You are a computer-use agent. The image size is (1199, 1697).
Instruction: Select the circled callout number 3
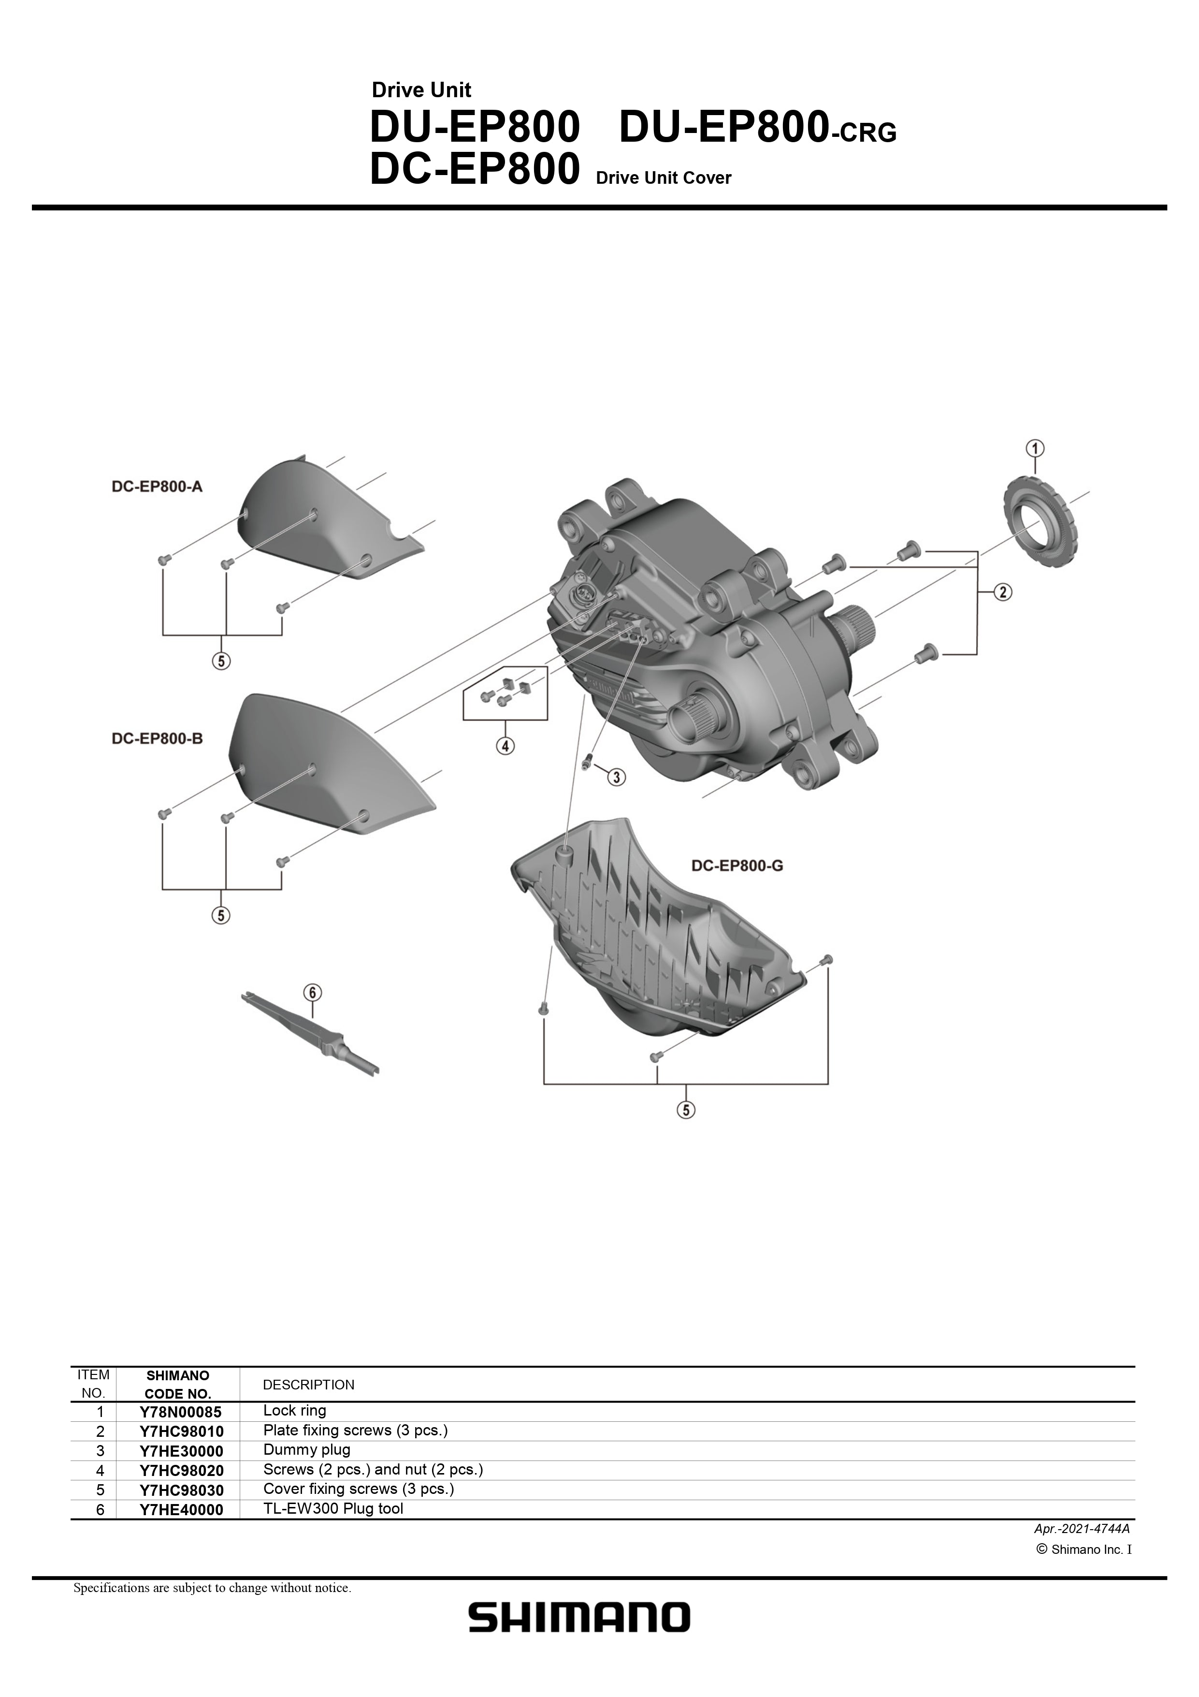(x=617, y=777)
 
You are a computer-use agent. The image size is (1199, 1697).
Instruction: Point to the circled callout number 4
(x=506, y=747)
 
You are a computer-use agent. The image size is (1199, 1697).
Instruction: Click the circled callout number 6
(x=313, y=993)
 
